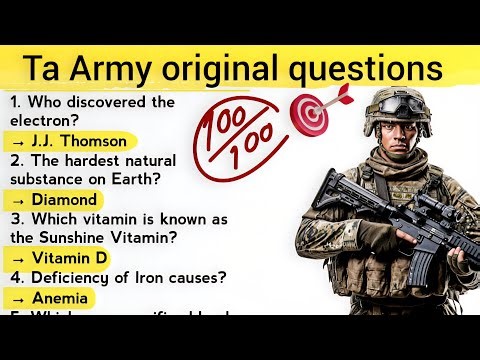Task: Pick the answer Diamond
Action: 64,200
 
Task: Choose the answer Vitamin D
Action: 68,258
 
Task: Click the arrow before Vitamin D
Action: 17,258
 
